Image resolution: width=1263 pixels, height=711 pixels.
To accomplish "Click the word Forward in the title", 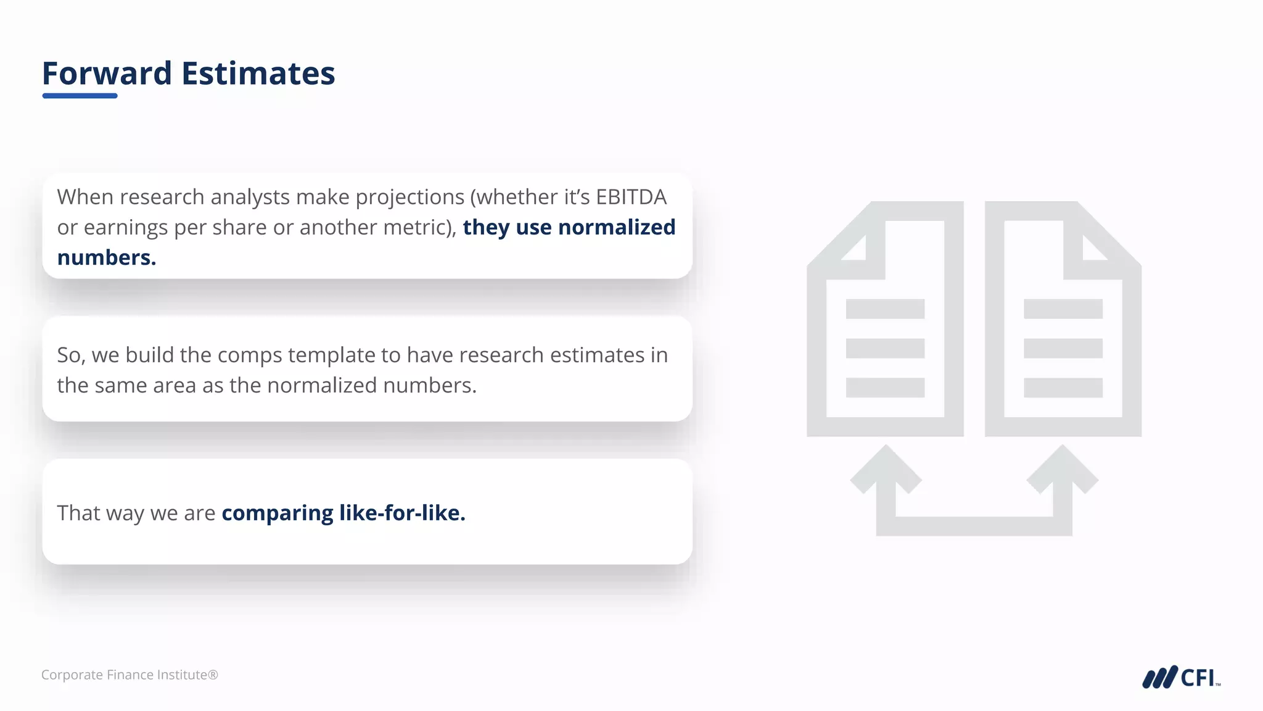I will tap(107, 73).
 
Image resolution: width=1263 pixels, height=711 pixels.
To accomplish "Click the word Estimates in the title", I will tap(258, 73).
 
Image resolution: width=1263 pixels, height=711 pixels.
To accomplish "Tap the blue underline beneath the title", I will tap(80, 96).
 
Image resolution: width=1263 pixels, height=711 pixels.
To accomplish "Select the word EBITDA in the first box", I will tap(631, 197).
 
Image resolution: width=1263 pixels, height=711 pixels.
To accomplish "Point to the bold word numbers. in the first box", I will tap(106, 257).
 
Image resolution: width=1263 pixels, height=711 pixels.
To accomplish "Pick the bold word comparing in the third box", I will tap(277, 513).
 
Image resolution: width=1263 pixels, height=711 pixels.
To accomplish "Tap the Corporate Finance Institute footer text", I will tap(130, 675).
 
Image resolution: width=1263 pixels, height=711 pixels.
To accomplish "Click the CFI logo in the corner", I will tap(1180, 677).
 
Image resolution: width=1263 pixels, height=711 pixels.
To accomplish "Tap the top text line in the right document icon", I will tap(1063, 309).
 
